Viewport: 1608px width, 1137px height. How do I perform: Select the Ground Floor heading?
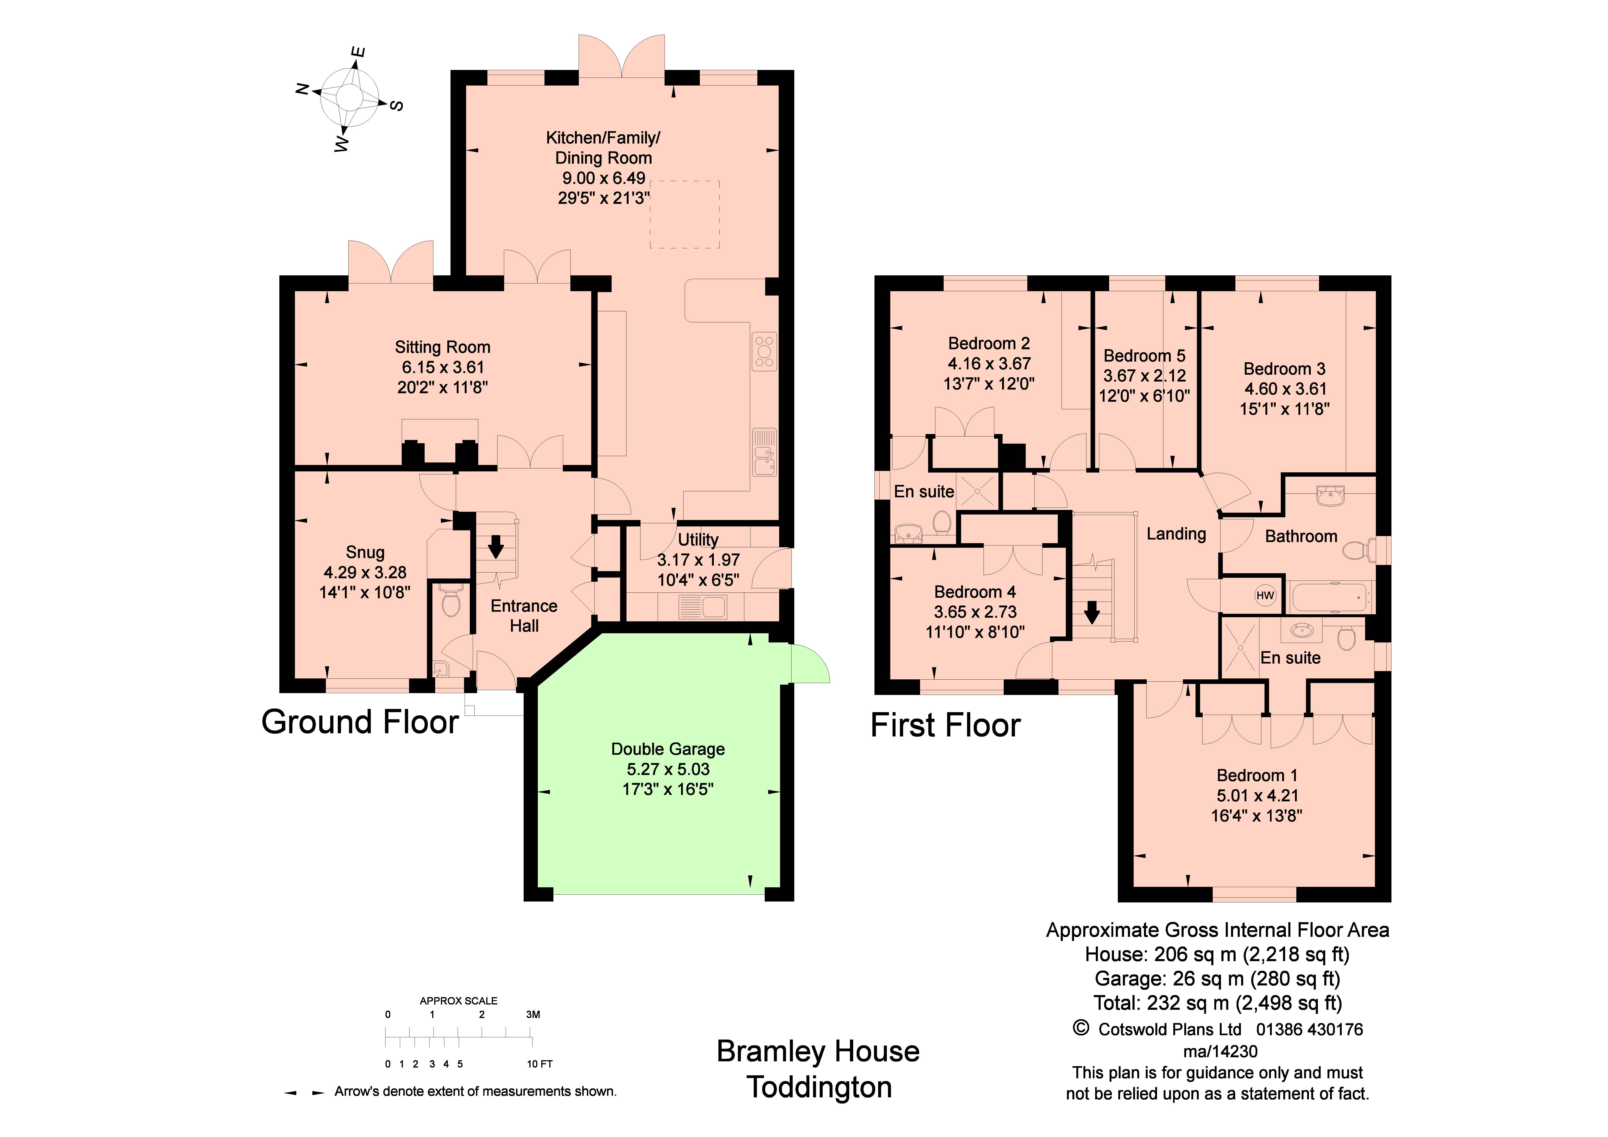click(360, 722)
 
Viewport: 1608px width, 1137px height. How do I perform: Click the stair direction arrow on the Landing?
click(1091, 613)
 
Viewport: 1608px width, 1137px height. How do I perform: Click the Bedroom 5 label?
click(1144, 356)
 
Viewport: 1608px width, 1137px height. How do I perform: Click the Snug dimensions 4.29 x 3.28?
click(365, 572)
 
